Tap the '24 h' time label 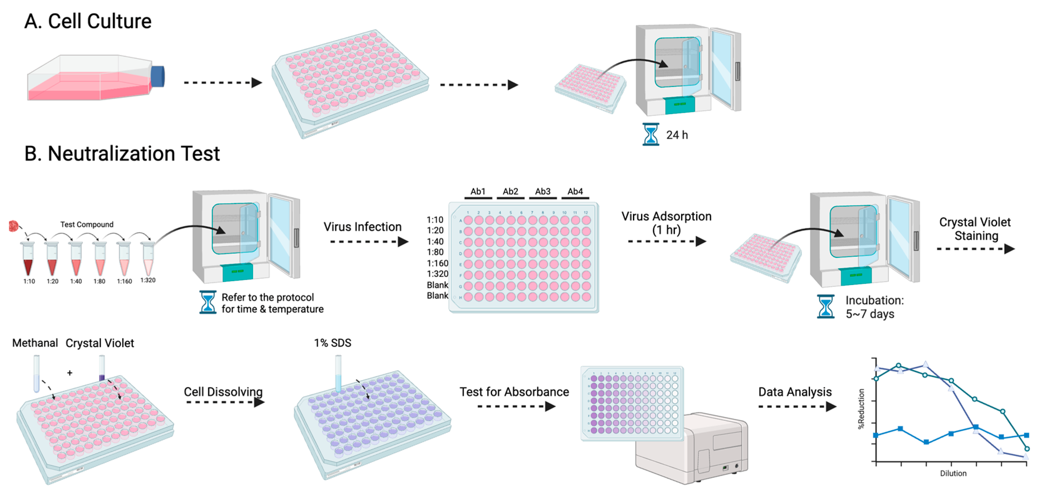click(x=677, y=135)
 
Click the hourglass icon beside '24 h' click(x=650, y=134)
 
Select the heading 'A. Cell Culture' click(x=88, y=21)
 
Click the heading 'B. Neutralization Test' click(x=122, y=154)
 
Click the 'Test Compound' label click(x=87, y=225)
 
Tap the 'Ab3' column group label click(x=543, y=192)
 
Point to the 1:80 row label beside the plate click(x=435, y=253)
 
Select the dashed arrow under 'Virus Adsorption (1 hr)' click(x=666, y=242)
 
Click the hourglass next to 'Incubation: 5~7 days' click(x=825, y=307)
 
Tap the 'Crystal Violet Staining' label click(x=975, y=229)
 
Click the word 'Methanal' click(x=35, y=343)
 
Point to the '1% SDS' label click(x=332, y=343)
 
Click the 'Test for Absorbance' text click(x=514, y=392)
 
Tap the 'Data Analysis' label click(x=794, y=392)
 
